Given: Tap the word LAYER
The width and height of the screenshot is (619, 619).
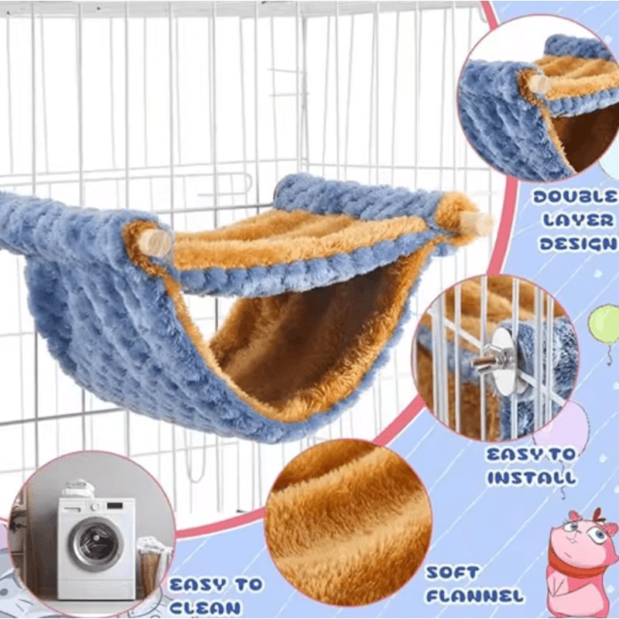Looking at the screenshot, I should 576,221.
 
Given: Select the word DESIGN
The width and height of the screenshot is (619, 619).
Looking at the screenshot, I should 576,244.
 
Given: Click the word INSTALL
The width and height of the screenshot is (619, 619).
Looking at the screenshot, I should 532,477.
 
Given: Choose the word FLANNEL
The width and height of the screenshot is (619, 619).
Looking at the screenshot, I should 474,597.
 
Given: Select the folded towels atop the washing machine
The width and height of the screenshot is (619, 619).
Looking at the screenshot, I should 80,489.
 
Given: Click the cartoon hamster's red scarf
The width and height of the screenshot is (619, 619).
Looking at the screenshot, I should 573,568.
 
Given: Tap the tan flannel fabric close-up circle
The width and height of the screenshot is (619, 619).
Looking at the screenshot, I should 348,518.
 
